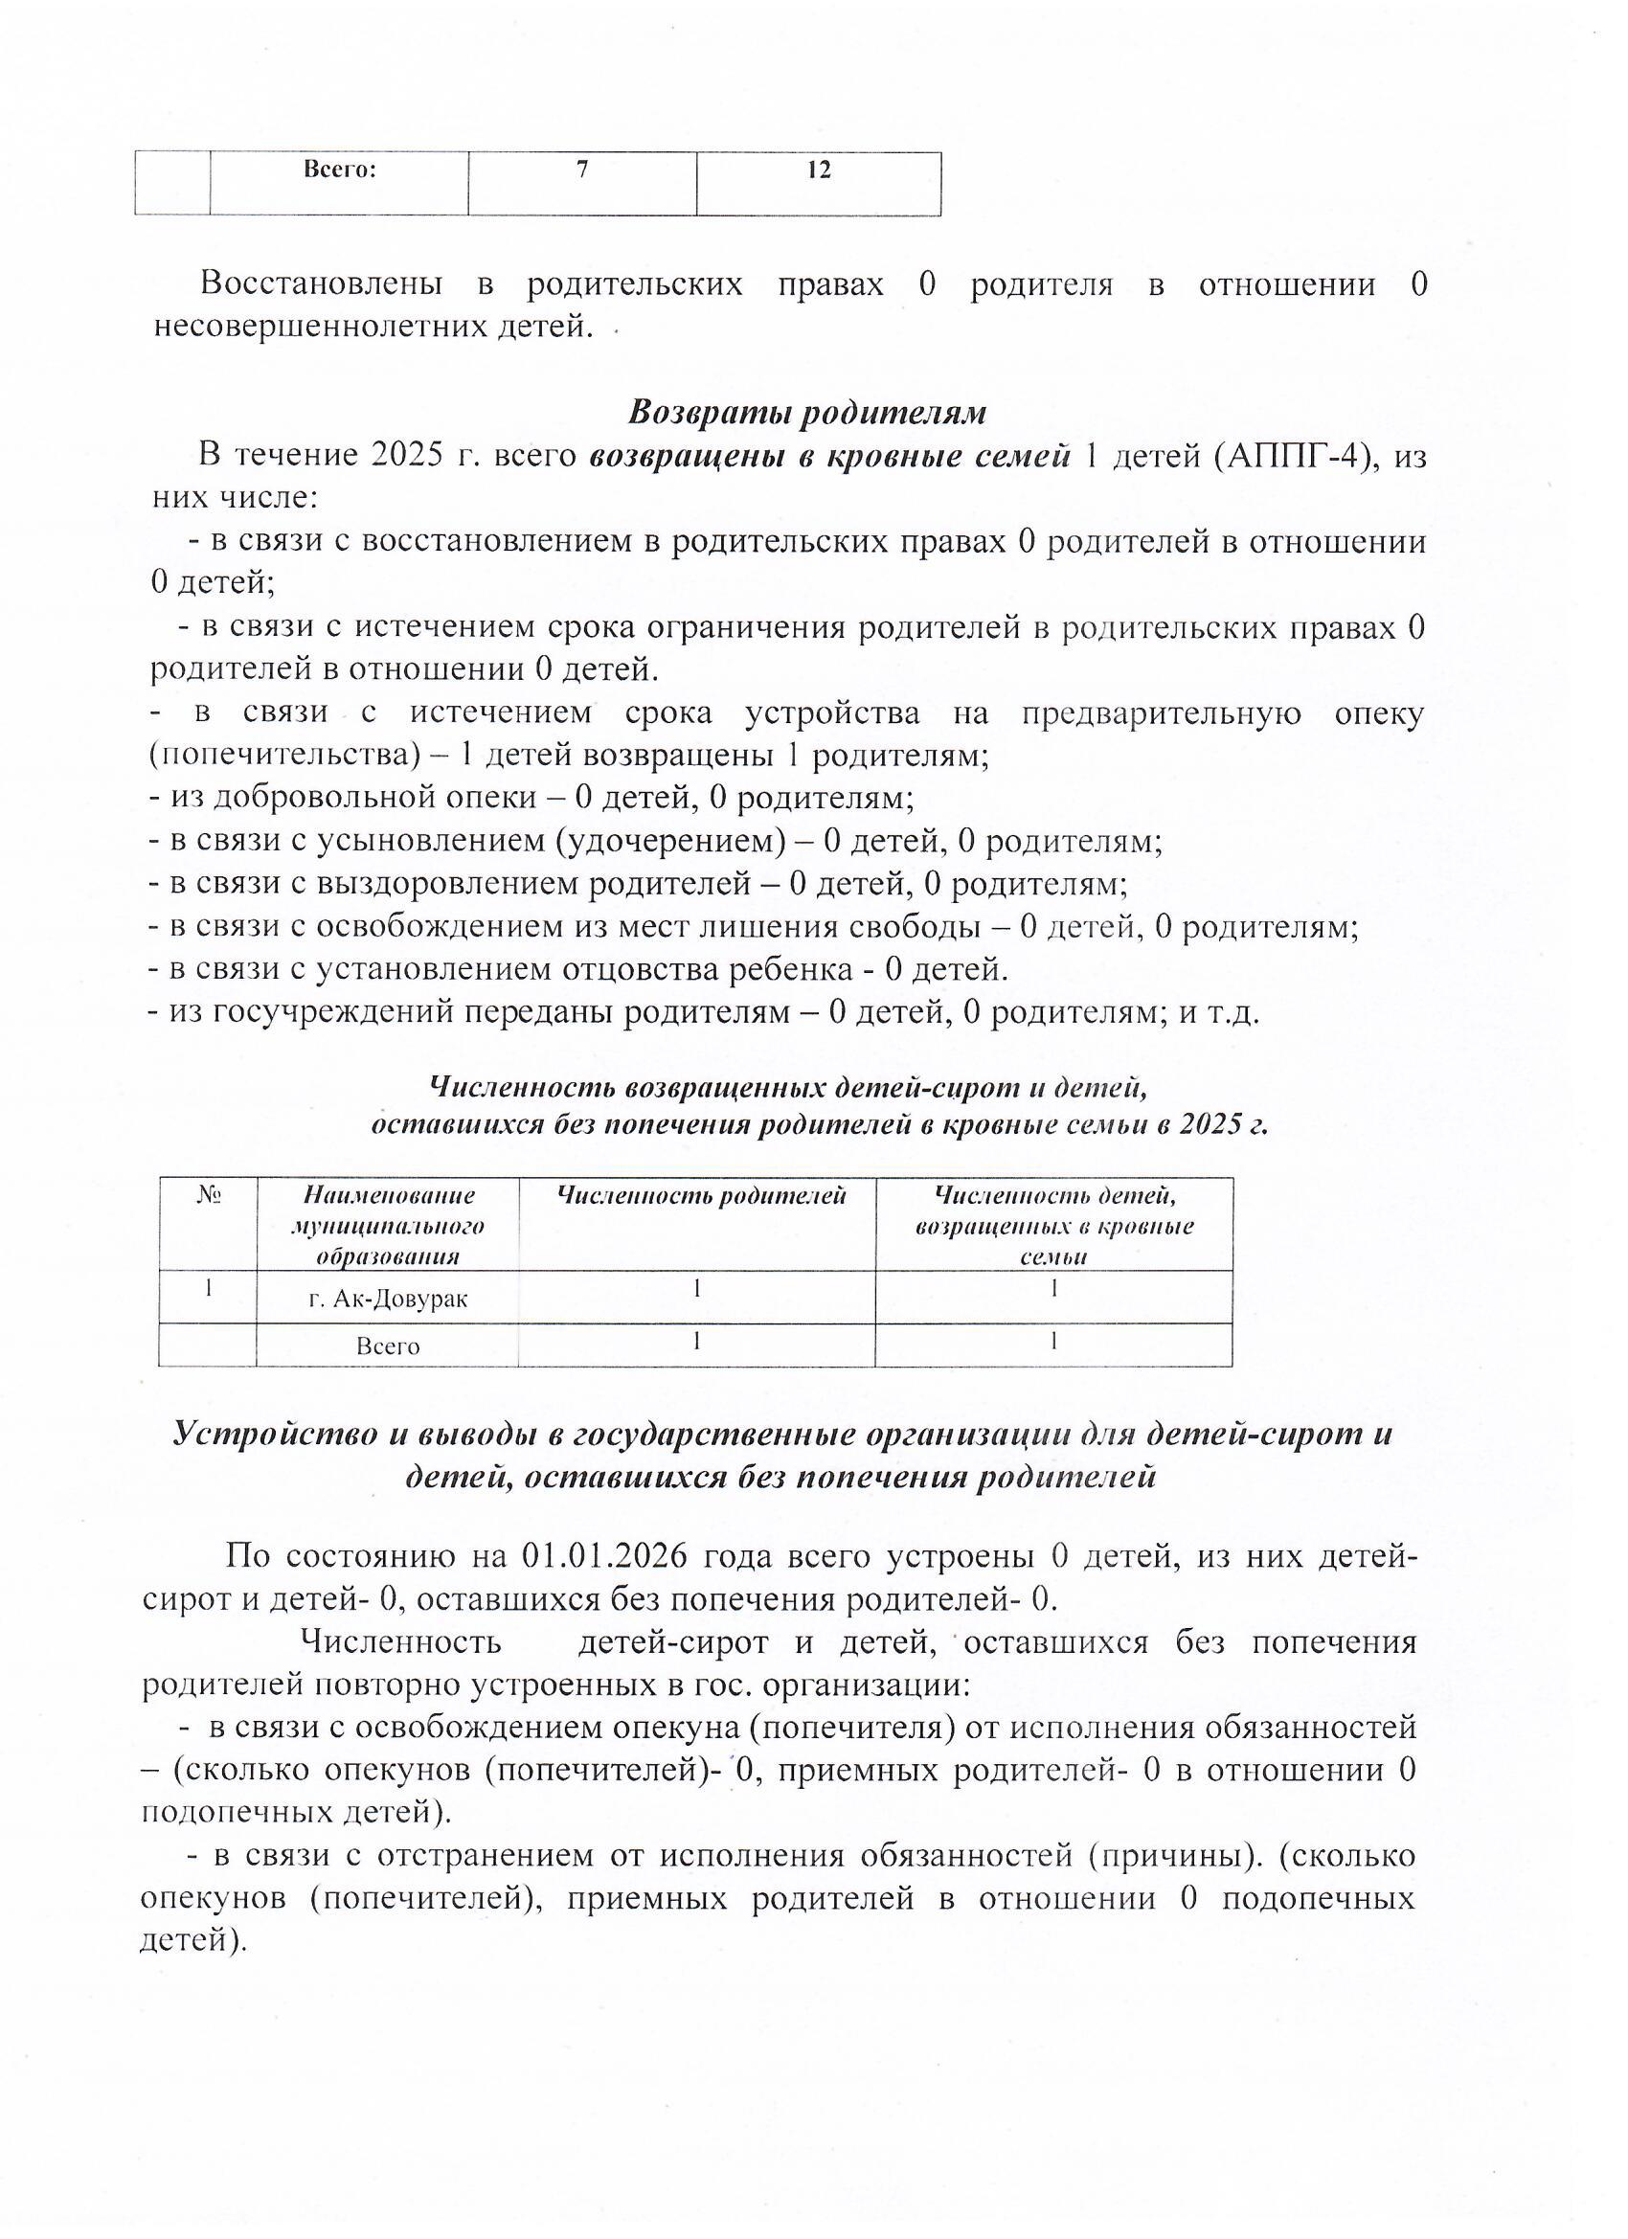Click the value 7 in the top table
[x=582, y=170]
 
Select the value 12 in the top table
[x=819, y=170]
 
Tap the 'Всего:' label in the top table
[x=339, y=170]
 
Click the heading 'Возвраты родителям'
[x=807, y=412]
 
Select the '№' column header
[x=207, y=1195]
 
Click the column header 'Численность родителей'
[x=702, y=1195]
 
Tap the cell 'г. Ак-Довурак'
[x=387, y=1300]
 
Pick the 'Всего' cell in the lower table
[x=387, y=1346]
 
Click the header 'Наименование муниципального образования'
[x=387, y=1225]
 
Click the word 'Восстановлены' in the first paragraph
[x=321, y=284]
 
